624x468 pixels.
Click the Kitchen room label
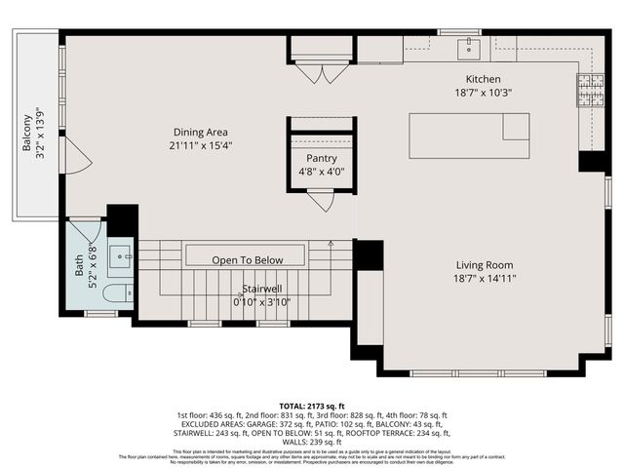click(483, 79)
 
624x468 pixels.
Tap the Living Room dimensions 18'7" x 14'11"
click(485, 279)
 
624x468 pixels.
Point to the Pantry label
click(322, 158)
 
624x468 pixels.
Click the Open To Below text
click(248, 260)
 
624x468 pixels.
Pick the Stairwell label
click(264, 289)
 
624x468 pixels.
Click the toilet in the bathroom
click(115, 292)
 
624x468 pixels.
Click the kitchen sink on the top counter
click(471, 45)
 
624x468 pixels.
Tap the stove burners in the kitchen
click(591, 90)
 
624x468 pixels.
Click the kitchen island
click(469, 136)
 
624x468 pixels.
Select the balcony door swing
click(77, 156)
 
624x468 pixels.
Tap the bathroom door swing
click(85, 232)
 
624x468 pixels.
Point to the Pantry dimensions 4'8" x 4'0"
click(322, 172)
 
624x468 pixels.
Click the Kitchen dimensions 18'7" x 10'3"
click(483, 93)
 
